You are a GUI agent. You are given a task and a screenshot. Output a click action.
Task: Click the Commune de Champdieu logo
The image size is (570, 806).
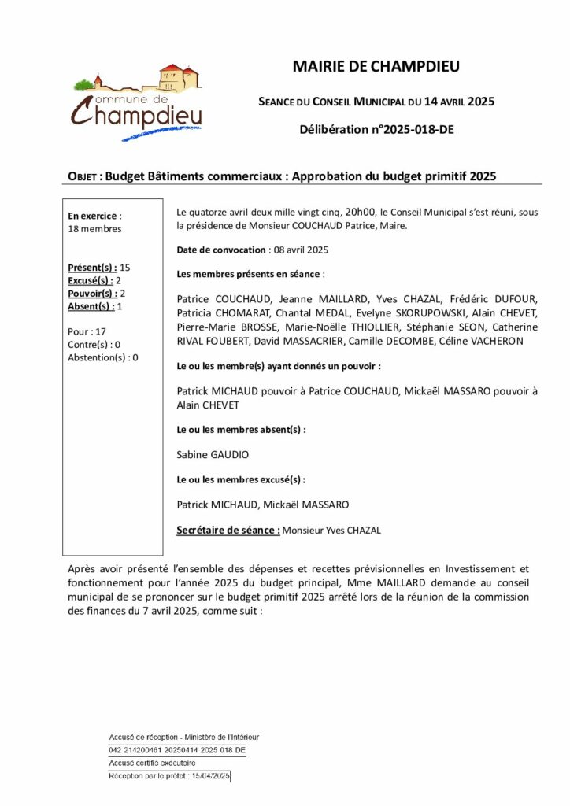click(x=138, y=103)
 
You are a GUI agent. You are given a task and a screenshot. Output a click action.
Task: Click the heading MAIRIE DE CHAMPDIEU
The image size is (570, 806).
click(x=376, y=67)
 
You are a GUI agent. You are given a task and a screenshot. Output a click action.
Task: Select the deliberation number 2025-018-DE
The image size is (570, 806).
click(x=410, y=129)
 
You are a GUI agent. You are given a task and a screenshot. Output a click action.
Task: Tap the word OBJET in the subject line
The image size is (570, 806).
click(x=83, y=177)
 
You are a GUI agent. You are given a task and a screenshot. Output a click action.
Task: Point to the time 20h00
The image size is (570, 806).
click(x=361, y=212)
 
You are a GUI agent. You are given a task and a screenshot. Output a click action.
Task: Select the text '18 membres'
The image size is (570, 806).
click(x=95, y=229)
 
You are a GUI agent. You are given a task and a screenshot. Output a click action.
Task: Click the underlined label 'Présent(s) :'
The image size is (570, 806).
click(x=93, y=268)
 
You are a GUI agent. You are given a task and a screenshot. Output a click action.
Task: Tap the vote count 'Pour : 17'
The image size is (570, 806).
click(x=87, y=331)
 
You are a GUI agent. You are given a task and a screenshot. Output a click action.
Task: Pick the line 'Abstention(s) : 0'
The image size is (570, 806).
click(x=103, y=357)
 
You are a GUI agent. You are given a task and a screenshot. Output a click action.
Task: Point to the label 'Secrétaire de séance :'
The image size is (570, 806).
click(x=228, y=531)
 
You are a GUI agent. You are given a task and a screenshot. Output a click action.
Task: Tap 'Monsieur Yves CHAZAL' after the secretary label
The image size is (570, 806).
click(x=331, y=531)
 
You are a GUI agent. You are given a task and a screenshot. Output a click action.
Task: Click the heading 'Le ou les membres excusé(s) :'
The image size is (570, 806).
click(x=241, y=479)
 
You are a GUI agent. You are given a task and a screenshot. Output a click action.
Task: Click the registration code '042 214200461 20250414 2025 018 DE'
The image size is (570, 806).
click(x=177, y=750)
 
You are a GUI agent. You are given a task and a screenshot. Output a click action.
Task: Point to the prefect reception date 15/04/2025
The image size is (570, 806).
click(x=209, y=776)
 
